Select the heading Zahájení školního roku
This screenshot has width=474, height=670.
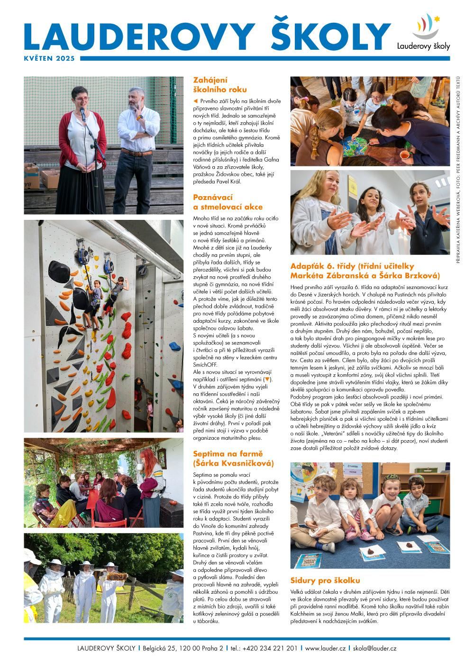pos(213,85)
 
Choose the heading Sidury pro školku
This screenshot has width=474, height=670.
pos(325,580)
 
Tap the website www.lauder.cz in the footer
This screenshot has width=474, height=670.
pos(325,648)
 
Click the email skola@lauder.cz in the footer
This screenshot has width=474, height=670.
pos(374,648)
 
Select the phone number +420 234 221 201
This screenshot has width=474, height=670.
pos(264,648)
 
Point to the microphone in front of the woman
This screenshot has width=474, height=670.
pos(82,113)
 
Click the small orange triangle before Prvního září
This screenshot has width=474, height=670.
pos(195,101)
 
